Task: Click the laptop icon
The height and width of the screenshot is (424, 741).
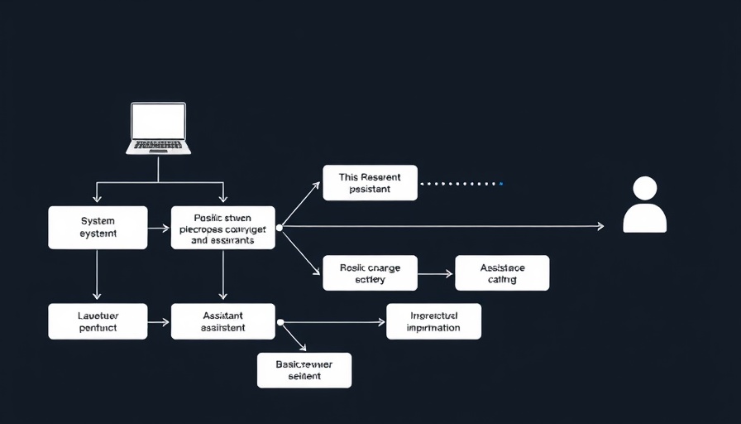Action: [x=158, y=128]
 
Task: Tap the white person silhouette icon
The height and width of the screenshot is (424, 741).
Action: [x=644, y=205]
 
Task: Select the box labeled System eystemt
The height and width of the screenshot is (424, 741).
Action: [x=98, y=228]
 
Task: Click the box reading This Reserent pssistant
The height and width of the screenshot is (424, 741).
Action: [x=370, y=183]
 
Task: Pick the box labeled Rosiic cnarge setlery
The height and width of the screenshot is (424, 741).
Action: [x=370, y=273]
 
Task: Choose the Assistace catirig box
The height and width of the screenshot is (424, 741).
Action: [x=502, y=273]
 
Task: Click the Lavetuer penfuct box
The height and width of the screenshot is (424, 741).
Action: [x=98, y=321]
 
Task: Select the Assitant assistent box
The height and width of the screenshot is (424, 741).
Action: [x=222, y=321]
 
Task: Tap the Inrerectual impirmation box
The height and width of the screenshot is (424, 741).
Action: [x=433, y=321]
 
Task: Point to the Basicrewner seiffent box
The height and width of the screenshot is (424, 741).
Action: [x=304, y=370]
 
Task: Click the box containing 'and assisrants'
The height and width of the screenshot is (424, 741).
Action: [x=222, y=228]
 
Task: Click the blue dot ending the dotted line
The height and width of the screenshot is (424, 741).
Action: [x=500, y=183]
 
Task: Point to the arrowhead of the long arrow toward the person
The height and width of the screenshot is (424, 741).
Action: [x=600, y=226]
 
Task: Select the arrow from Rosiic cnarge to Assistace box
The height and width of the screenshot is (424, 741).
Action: [x=436, y=273]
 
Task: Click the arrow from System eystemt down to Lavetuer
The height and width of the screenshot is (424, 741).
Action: [x=97, y=274]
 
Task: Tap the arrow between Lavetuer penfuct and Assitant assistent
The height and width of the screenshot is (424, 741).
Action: [x=159, y=321]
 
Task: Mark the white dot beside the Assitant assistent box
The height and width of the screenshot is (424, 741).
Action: [x=280, y=321]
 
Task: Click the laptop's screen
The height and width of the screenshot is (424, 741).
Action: [x=158, y=121]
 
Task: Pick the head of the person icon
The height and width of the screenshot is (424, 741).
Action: [x=644, y=188]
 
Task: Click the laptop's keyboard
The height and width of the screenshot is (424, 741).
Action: [x=158, y=146]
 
